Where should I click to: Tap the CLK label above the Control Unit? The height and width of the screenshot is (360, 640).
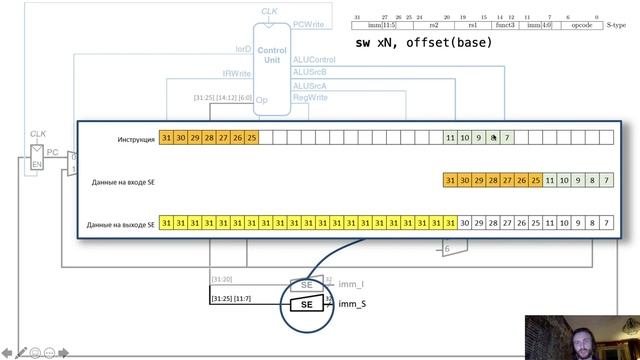[x=270, y=11]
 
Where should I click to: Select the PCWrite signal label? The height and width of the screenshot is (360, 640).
[x=308, y=22]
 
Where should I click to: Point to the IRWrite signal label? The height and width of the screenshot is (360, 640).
[x=237, y=74]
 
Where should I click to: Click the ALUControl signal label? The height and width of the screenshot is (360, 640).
[x=313, y=59]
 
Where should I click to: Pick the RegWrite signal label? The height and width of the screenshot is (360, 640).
[x=310, y=98]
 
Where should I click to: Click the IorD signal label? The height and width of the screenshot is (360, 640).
[x=243, y=48]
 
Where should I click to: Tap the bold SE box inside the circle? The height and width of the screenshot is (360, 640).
[x=307, y=304]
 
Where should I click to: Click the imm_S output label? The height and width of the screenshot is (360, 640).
[x=353, y=304]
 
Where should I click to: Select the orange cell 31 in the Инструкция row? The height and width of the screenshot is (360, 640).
[x=167, y=139]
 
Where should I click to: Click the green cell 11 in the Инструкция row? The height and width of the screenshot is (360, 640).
[x=451, y=139]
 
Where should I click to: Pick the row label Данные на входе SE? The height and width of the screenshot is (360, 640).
[x=123, y=182]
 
